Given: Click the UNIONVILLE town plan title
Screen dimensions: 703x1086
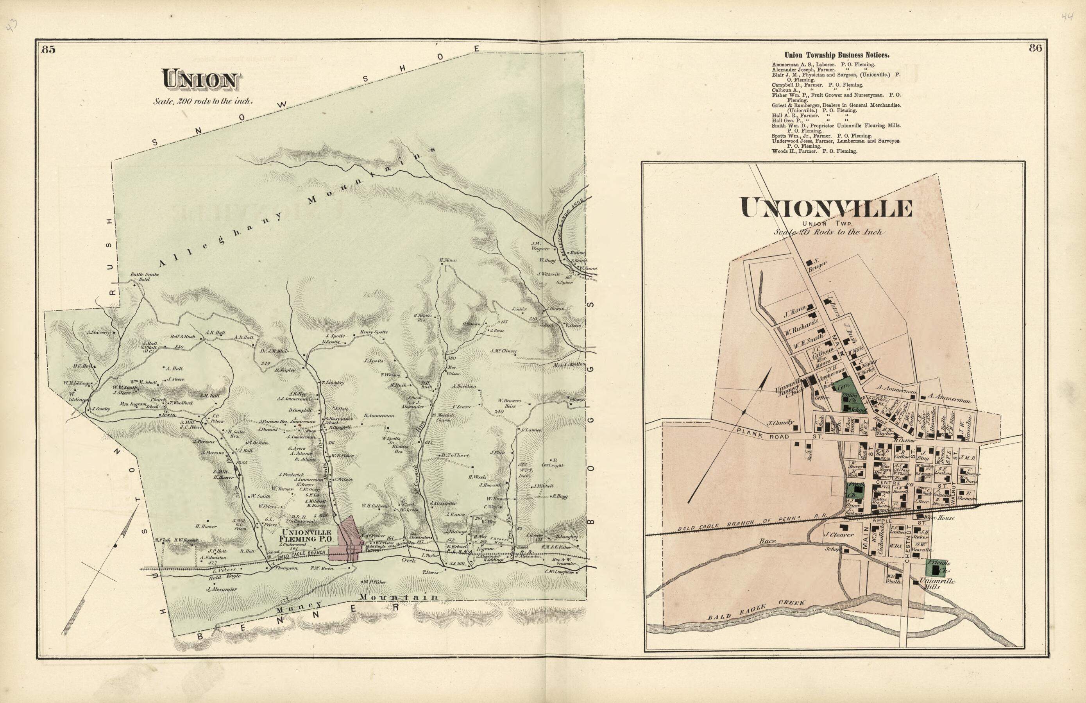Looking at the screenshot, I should point(827,209).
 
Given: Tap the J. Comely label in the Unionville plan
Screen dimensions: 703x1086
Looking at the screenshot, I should point(781,422).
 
